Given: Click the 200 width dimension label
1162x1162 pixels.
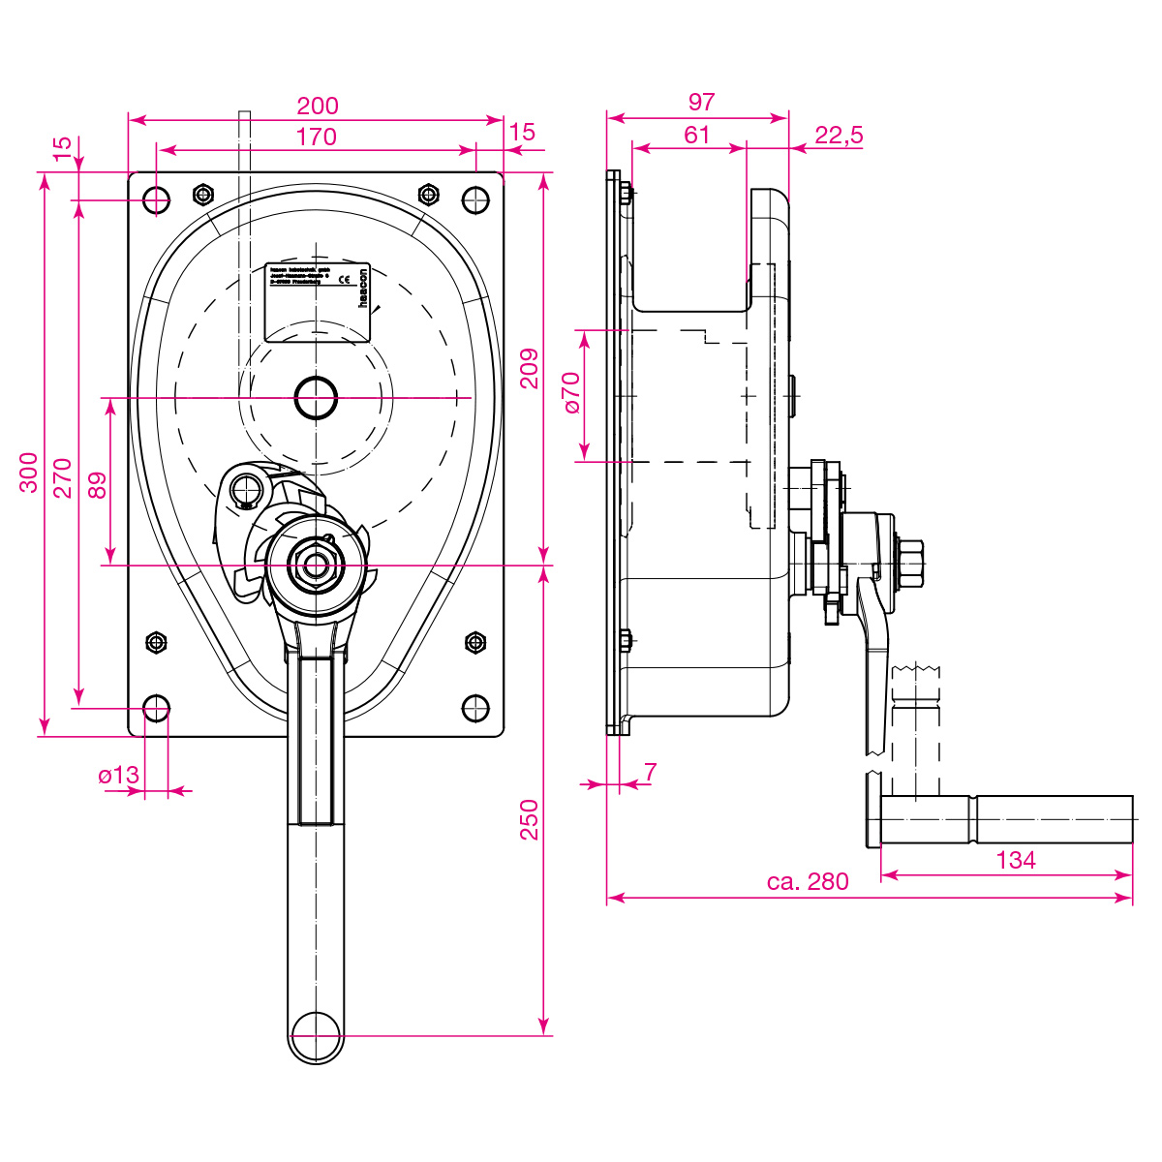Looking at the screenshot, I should pyautogui.click(x=317, y=106).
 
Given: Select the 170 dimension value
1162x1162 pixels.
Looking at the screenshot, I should pyautogui.click(x=317, y=137).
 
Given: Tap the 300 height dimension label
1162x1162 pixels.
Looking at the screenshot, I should pyautogui.click(x=30, y=472).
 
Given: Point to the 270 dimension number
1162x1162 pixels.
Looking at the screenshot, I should pyautogui.click(x=62, y=477).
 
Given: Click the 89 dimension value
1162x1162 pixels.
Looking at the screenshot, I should pyautogui.click(x=97, y=483).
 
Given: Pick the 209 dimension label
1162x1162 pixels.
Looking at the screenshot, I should pyautogui.click(x=529, y=368).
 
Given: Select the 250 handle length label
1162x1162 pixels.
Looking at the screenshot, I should pyautogui.click(x=529, y=819).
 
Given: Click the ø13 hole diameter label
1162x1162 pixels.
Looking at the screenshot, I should pyautogui.click(x=119, y=775).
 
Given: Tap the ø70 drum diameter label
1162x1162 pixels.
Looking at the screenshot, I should pyautogui.click(x=570, y=393).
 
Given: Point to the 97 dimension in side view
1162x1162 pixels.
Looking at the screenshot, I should pyautogui.click(x=700, y=102).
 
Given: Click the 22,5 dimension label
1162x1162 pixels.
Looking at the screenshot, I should pyautogui.click(x=839, y=135).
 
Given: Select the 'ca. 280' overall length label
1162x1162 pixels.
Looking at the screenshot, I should pyautogui.click(x=807, y=881).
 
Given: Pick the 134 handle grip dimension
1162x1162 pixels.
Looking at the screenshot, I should pyautogui.click(x=1015, y=859).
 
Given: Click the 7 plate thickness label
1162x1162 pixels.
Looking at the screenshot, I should pyautogui.click(x=650, y=772).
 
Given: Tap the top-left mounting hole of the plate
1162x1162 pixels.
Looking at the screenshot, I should pyautogui.click(x=156, y=200).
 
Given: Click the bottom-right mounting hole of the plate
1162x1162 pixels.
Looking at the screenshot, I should pyautogui.click(x=474, y=708).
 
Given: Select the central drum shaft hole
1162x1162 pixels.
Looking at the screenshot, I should pyautogui.click(x=316, y=398).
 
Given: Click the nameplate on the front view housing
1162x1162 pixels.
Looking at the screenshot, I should pyautogui.click(x=319, y=301).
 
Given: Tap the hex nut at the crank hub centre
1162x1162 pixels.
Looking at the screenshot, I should pyautogui.click(x=316, y=564).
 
